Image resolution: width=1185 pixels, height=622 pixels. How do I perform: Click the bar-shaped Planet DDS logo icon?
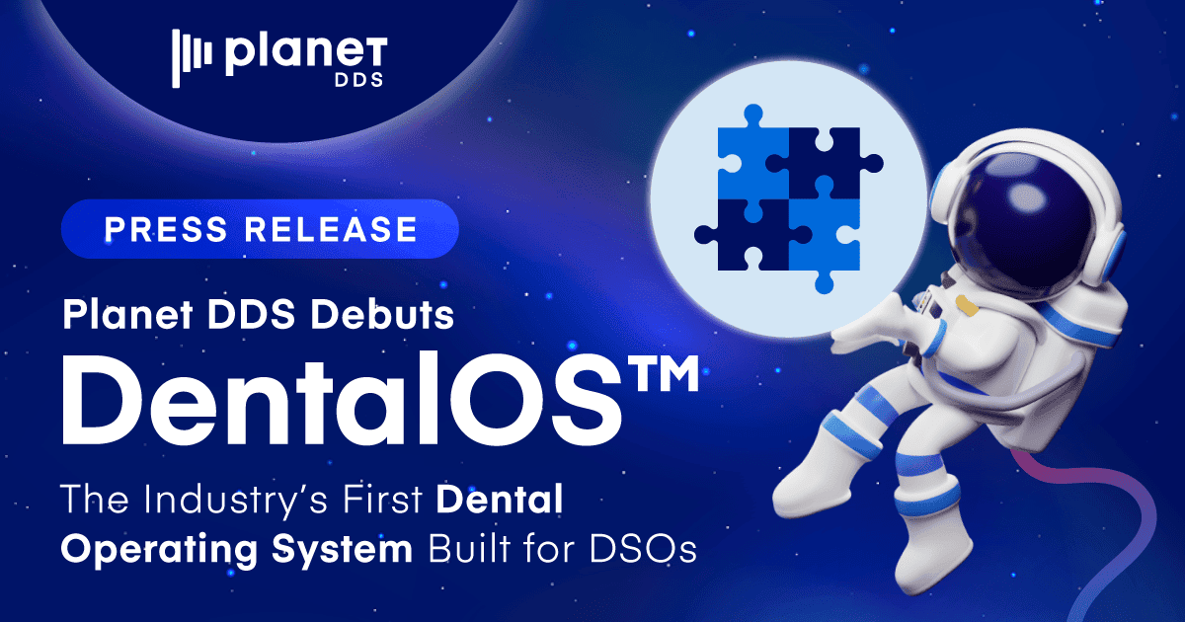[x=192, y=58]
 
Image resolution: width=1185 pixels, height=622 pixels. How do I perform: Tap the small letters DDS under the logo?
[x=358, y=80]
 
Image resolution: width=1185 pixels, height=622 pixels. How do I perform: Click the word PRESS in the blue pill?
[x=166, y=229]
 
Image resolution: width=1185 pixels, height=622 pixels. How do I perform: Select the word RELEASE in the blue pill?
[x=331, y=229]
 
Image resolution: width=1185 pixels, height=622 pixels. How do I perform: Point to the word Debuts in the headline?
[x=382, y=315]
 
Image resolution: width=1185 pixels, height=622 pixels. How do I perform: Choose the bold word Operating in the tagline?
[x=159, y=550]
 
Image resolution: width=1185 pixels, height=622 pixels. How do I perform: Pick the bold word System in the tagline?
[x=342, y=550]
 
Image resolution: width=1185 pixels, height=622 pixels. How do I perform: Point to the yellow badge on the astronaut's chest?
[x=967, y=306]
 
